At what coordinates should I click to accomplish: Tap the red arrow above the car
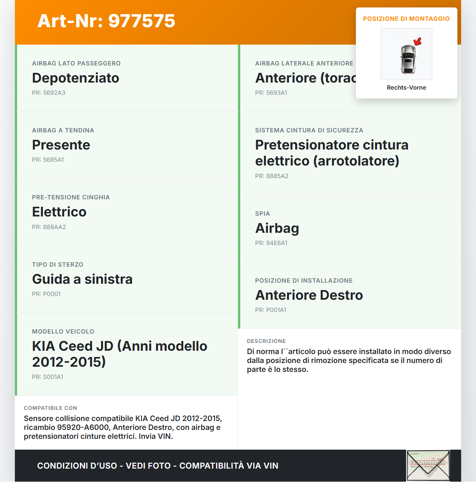pyautogui.click(x=418, y=41)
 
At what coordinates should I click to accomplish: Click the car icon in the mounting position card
pyautogui.click(x=408, y=59)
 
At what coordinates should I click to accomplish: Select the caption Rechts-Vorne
pyautogui.click(x=406, y=88)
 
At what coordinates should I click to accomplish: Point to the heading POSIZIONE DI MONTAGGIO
pyautogui.click(x=406, y=19)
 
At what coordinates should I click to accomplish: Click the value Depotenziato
pyautogui.click(x=75, y=78)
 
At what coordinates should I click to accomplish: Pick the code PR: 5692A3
pyautogui.click(x=49, y=93)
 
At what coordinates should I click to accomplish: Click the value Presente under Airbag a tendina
pyautogui.click(x=61, y=145)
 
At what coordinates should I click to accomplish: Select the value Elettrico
pyautogui.click(x=59, y=212)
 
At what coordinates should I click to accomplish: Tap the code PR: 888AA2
pyautogui.click(x=49, y=227)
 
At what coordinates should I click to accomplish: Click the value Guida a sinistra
pyautogui.click(x=82, y=279)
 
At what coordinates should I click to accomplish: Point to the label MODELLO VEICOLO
pyautogui.click(x=63, y=331)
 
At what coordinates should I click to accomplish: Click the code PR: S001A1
pyautogui.click(x=48, y=377)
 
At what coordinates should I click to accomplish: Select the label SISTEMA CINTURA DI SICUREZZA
pyautogui.click(x=309, y=130)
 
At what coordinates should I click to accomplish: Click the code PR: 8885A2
pyautogui.click(x=272, y=176)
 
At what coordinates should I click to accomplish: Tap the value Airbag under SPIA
pyautogui.click(x=277, y=228)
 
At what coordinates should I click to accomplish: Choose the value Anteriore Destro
pyautogui.click(x=309, y=295)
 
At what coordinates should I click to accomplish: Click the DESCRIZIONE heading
pyautogui.click(x=266, y=341)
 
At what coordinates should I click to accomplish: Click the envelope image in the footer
pyautogui.click(x=428, y=466)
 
